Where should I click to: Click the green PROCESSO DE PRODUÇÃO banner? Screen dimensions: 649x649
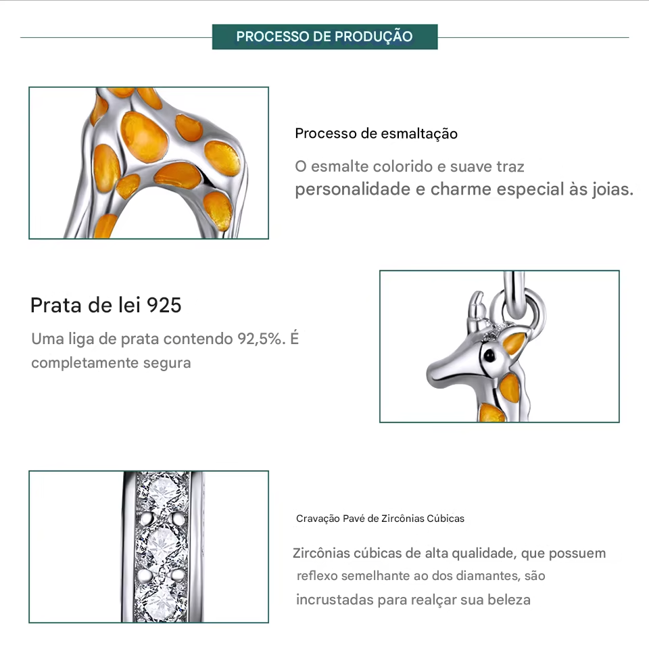324,37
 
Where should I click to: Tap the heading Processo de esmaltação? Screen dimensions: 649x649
377,134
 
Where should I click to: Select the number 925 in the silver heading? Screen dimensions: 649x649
164,305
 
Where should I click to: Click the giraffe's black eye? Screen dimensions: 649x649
489,355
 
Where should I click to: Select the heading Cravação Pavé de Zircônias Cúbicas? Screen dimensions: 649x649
380,519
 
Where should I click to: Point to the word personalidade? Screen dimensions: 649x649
353,189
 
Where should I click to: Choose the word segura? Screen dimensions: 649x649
167,364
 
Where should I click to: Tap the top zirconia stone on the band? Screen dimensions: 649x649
163,493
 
